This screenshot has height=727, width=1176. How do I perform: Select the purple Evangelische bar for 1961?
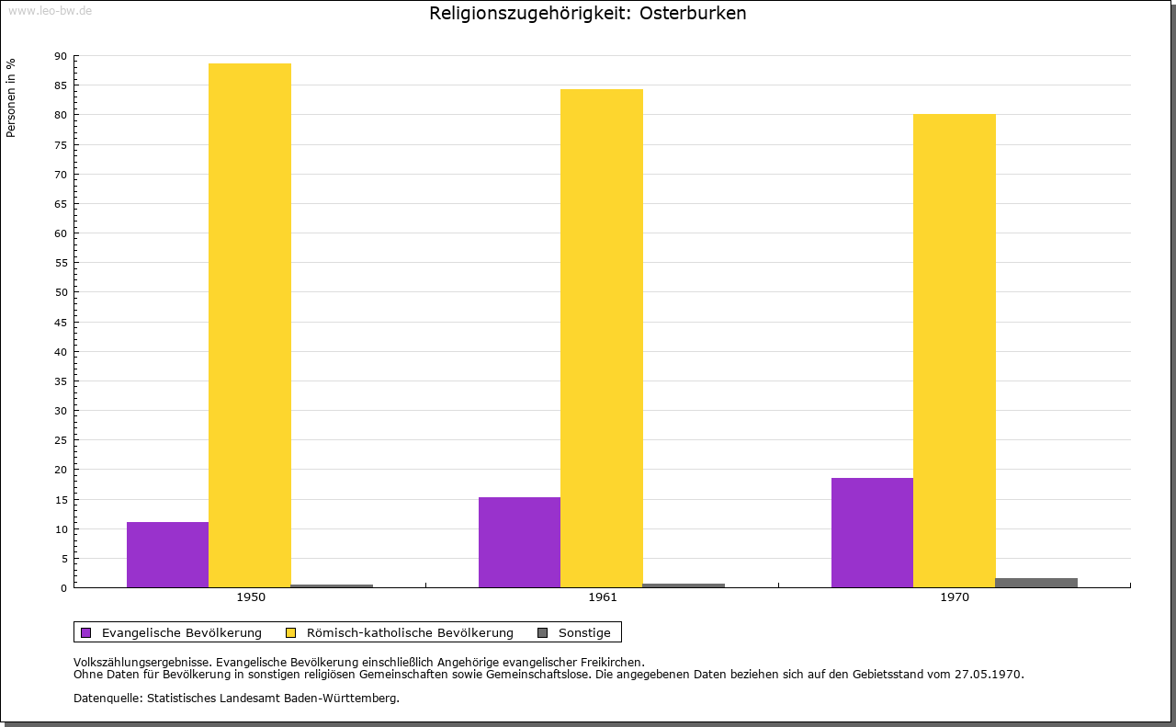pyautogui.click(x=519, y=542)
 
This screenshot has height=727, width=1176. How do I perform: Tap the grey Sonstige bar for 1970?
pyautogui.click(x=1036, y=583)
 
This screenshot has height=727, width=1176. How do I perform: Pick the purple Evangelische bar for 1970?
pyautogui.click(x=872, y=533)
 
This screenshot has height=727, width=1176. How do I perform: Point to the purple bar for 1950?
pyautogui.click(x=167, y=555)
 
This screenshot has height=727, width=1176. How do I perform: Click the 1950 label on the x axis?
pyautogui.click(x=251, y=597)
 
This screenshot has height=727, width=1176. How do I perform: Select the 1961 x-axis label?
pyautogui.click(x=603, y=597)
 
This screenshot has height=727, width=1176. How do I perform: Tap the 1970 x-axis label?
pyautogui.click(x=955, y=597)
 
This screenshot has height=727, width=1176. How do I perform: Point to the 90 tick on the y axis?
pyautogui.click(x=61, y=56)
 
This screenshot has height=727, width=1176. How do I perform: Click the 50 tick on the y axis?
pyautogui.click(x=61, y=292)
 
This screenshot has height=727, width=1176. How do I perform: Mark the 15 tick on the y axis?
pyautogui.click(x=61, y=500)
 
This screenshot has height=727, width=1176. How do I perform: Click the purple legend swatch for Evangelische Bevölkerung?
pyautogui.click(x=86, y=632)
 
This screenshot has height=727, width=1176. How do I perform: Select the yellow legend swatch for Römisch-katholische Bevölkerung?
pyautogui.click(x=291, y=632)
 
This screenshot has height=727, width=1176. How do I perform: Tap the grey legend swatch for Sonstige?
pyautogui.click(x=542, y=632)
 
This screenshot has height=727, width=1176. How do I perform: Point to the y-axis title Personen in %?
pyautogui.click(x=11, y=97)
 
